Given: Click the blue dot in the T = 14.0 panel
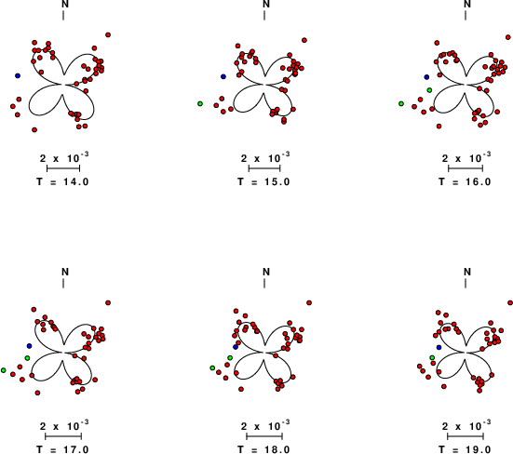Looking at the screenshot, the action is click(x=18, y=76).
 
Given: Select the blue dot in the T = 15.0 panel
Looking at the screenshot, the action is click(x=223, y=76).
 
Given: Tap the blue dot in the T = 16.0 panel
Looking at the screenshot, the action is click(x=426, y=77).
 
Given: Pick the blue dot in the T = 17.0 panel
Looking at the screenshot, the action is click(x=30, y=346).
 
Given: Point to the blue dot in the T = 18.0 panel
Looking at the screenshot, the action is click(x=236, y=347).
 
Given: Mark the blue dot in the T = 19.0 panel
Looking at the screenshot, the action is click(x=439, y=347).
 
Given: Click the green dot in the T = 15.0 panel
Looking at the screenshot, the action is click(x=200, y=103).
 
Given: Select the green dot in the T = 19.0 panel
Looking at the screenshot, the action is click(x=432, y=358).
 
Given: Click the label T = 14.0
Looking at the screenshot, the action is click(x=62, y=181).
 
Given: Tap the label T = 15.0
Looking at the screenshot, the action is click(x=263, y=181).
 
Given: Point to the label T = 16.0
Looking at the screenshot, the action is click(x=465, y=181).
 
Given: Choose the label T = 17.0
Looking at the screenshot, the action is click(x=62, y=449).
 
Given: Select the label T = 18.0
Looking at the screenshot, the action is click(x=263, y=449).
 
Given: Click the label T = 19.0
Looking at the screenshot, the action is click(x=465, y=449).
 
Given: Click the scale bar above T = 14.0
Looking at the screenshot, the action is click(x=63, y=168).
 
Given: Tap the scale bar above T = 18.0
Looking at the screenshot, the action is click(x=264, y=436).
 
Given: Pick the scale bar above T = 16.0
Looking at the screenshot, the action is click(x=466, y=168).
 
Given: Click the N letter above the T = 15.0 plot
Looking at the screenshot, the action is click(x=266, y=5).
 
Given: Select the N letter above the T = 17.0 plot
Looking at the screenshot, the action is click(x=65, y=272).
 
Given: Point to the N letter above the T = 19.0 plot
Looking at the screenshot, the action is click(x=467, y=272).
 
